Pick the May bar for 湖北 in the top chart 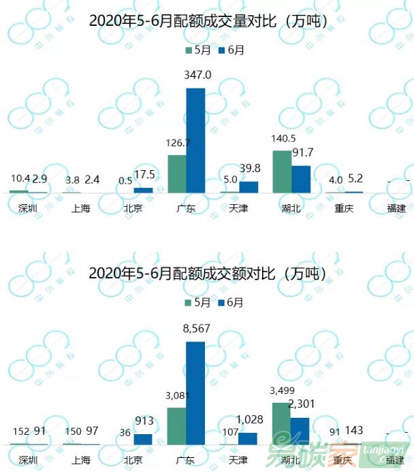pos(282,171)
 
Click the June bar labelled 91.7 pos(300,179)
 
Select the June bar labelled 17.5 pos(143,190)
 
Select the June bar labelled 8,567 pos(195,393)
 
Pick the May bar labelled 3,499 pos(282,423)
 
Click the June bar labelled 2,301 pos(300,431)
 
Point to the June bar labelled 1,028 pos(249,438)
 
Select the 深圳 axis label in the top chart pos(28,208)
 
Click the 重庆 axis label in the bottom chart pos(344,461)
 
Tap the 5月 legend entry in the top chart pos(197,50)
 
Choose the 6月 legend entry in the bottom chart pos(232,302)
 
